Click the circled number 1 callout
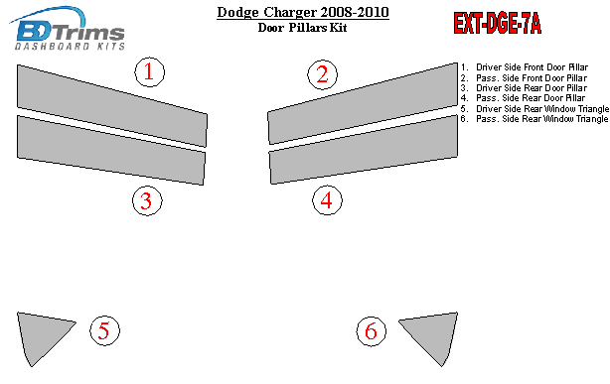point(150,72)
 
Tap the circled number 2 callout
point(323,74)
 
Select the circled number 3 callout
point(147,201)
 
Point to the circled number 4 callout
point(327,200)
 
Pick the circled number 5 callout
point(104,330)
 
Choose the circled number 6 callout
point(372,331)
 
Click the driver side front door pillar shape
point(112,105)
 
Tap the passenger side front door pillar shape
point(363,103)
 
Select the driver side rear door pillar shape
point(111,150)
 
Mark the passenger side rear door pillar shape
point(364,149)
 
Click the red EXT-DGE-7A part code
point(497,24)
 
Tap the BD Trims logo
point(67,28)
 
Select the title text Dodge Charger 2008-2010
point(303,12)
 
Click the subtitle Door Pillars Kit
point(302,28)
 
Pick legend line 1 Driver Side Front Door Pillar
point(525,67)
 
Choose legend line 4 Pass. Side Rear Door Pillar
point(523,98)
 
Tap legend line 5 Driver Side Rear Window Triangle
point(534,109)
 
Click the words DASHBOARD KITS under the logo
point(70,47)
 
